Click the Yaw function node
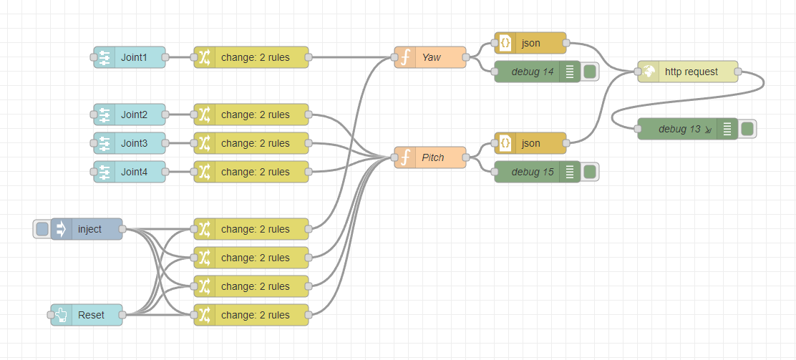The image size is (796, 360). pyautogui.click(x=430, y=57)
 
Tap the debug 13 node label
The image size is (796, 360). pyautogui.click(x=679, y=129)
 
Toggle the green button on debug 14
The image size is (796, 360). pyautogui.click(x=590, y=72)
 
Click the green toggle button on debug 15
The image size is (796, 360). pyautogui.click(x=590, y=172)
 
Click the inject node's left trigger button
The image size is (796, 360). pyautogui.click(x=42, y=229)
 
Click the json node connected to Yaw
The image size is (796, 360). pyautogui.click(x=530, y=43)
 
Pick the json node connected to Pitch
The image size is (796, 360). pyautogui.click(x=530, y=143)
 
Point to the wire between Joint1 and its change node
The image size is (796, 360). pyautogui.click(x=180, y=57)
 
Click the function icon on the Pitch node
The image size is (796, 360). pyautogui.click(x=405, y=157)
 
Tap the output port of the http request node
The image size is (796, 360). pyautogui.click(x=738, y=72)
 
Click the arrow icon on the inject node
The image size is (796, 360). pyautogui.click(x=61, y=229)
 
